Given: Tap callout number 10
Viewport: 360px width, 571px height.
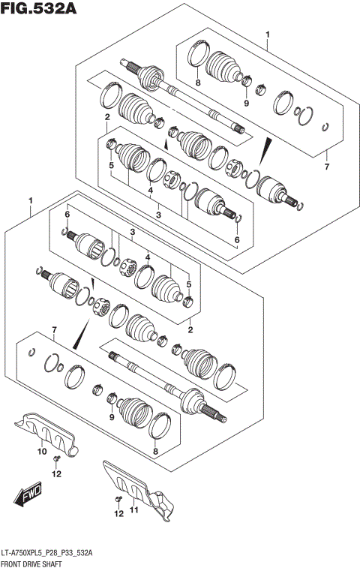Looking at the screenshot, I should (x=42, y=452).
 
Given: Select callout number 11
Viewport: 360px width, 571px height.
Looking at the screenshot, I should (x=135, y=512).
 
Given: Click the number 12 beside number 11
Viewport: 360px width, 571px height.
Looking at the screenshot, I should (x=117, y=513).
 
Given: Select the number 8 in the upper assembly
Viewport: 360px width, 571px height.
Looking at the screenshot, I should (x=198, y=83).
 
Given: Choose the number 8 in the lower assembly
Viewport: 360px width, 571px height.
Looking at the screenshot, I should (x=155, y=452).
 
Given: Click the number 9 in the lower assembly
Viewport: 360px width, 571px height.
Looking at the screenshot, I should (x=111, y=417).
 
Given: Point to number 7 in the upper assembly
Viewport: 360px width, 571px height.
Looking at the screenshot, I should (x=326, y=166).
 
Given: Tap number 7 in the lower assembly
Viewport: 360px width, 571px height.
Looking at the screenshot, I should (x=53, y=330).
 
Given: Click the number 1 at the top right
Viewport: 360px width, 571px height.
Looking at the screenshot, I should (x=268, y=35).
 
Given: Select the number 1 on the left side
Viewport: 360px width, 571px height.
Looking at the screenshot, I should (x=31, y=200).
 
